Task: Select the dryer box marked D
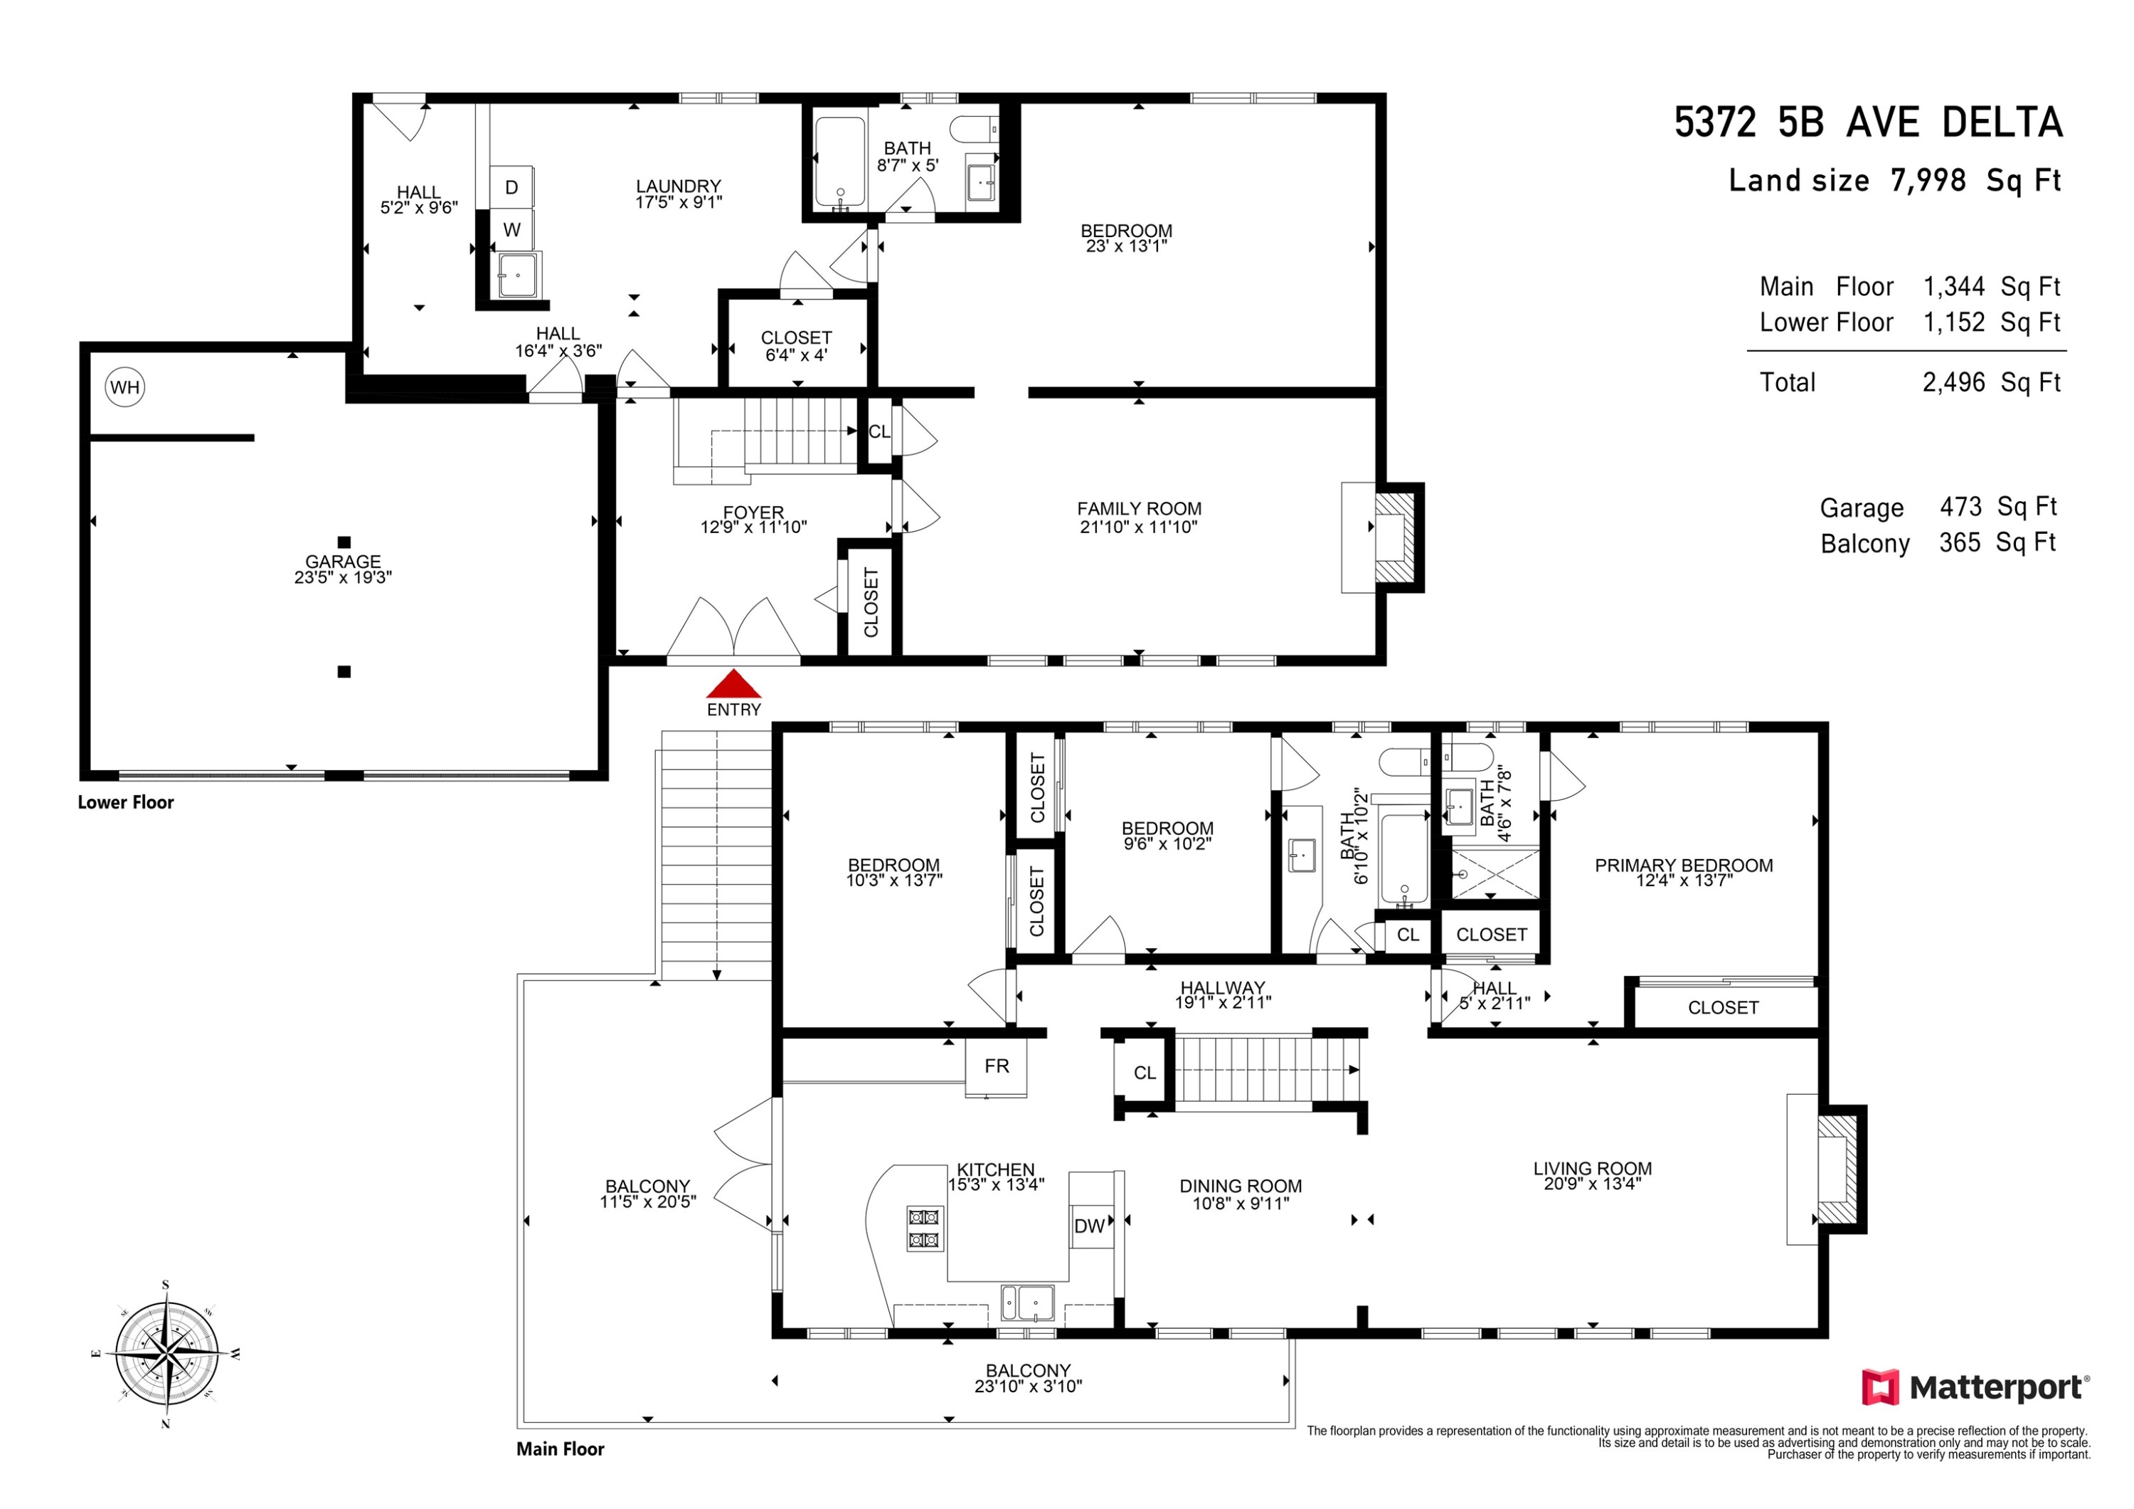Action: tap(511, 188)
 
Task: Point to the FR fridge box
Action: tap(997, 1066)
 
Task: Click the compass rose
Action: tap(166, 1354)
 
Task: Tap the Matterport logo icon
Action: tap(1880, 1387)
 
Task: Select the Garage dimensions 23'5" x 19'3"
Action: tap(343, 577)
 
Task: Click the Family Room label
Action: tap(1139, 509)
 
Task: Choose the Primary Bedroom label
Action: tap(1683, 866)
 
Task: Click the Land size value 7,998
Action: tap(1928, 179)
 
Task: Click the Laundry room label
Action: tap(679, 186)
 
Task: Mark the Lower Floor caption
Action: tap(125, 802)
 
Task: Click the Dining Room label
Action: tap(1241, 1187)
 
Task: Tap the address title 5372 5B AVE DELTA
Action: tap(1868, 122)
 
